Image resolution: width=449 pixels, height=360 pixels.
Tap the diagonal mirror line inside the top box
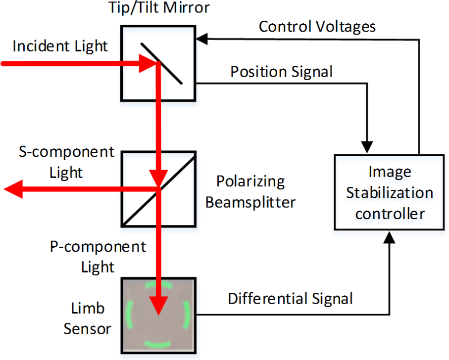[x=169, y=69]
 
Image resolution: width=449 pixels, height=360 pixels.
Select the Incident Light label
[x=60, y=46]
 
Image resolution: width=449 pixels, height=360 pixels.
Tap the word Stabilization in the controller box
[x=389, y=193]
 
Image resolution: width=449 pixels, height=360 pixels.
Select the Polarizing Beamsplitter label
[x=250, y=192]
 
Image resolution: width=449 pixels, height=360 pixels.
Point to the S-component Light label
[x=67, y=162]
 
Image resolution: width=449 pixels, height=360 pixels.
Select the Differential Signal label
[x=290, y=299]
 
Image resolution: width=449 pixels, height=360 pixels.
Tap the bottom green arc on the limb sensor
[x=157, y=343]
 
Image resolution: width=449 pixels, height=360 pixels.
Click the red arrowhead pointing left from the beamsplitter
[x=13, y=189]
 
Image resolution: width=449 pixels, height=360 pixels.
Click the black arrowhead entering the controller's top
[x=367, y=147]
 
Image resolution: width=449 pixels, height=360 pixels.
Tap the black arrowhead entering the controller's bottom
[x=391, y=237]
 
